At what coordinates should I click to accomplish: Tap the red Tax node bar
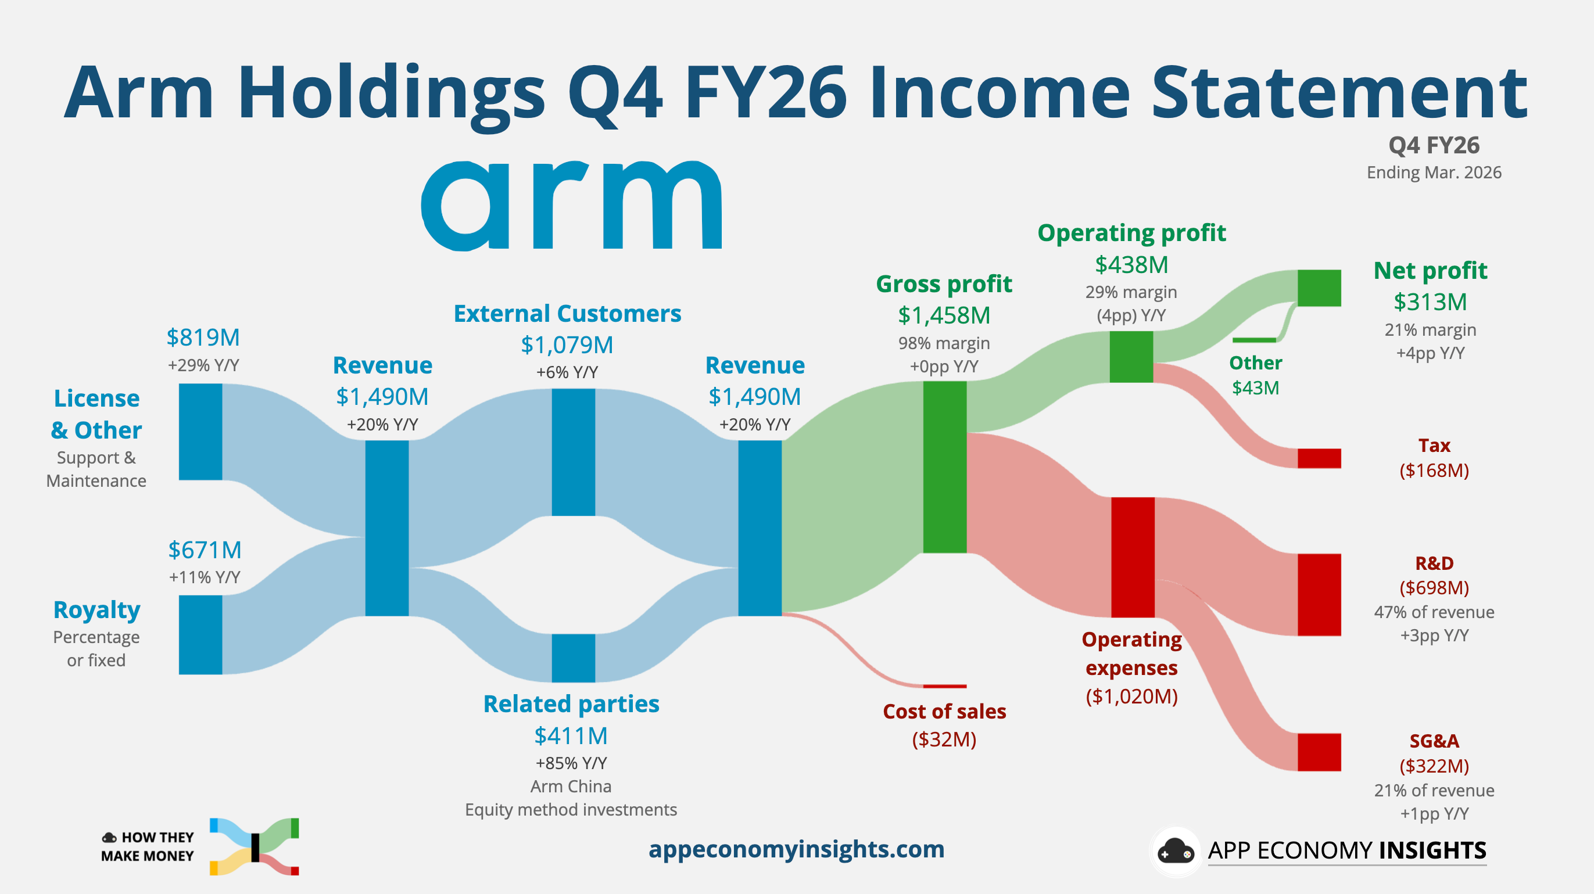pos(1319,458)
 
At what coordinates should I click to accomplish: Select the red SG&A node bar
pos(1319,752)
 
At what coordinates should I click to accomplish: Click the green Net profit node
pos(1319,288)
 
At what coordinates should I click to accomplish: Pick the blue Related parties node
pos(574,658)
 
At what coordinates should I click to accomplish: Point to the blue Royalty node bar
pos(200,635)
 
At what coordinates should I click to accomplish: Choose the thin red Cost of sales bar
pos(945,686)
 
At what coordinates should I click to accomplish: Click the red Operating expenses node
pos(1133,558)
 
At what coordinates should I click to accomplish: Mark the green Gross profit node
pos(945,467)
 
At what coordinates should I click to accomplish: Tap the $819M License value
pos(203,338)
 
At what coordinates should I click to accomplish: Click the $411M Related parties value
pos(571,736)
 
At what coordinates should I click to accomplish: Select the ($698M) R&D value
pos(1434,588)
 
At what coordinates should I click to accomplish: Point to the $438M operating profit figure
pos(1132,265)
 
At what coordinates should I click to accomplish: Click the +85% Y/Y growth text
pos(571,763)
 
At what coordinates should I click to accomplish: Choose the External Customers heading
pos(567,314)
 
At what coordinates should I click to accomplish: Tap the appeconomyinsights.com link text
pos(796,849)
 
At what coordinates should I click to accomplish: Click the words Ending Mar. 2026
pos(1434,173)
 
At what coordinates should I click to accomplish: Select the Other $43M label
pos(1256,375)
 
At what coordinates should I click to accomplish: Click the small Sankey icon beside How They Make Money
pos(255,846)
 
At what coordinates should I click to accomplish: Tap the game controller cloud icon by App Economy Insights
pos(1175,852)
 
